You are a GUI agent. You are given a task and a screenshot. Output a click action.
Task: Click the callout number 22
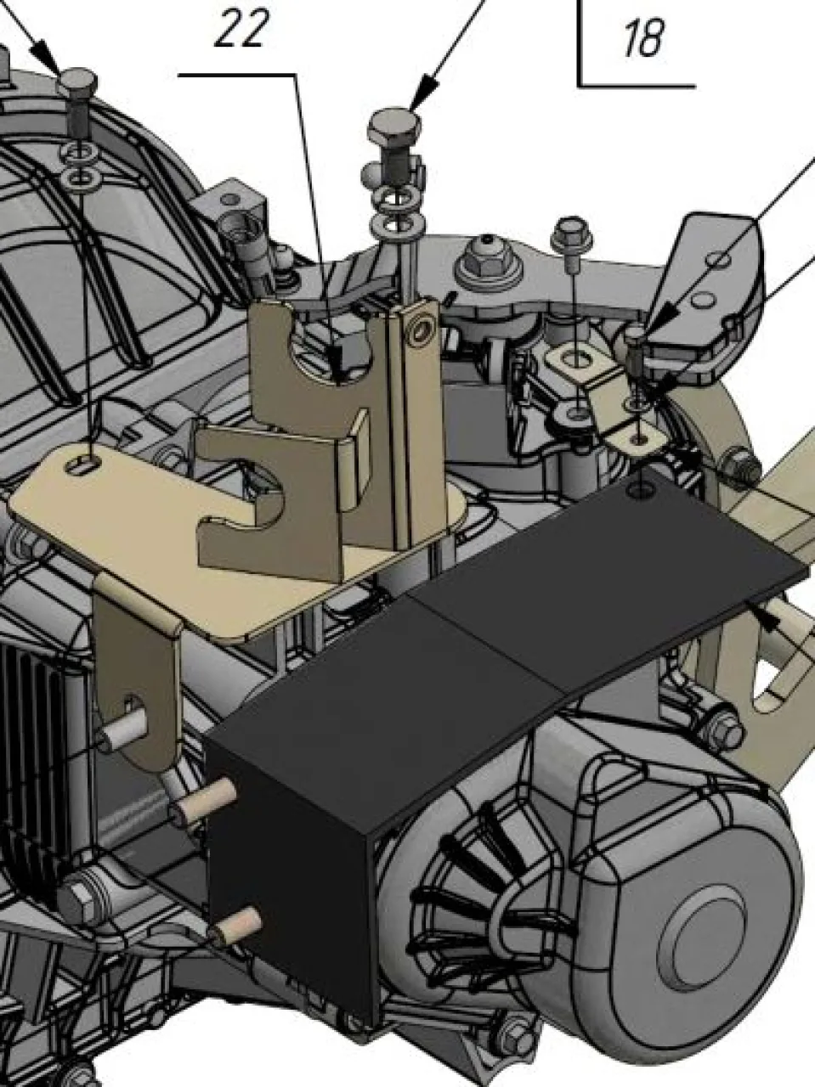tap(239, 29)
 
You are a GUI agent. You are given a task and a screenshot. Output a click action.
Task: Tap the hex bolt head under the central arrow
tap(395, 127)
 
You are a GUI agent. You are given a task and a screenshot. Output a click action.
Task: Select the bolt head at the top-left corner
tap(77, 81)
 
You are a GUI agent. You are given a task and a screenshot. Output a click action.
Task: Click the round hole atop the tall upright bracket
tap(421, 329)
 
